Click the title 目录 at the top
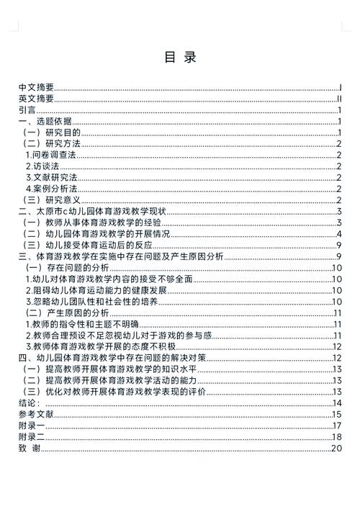180,57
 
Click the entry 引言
27,110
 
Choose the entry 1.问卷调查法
51,155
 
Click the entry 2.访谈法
42,166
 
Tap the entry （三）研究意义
53,199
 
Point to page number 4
338,233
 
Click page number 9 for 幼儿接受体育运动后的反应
338,245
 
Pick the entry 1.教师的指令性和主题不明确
81,324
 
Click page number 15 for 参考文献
336,414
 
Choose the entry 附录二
32,436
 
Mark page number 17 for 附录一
336,425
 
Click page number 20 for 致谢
336,448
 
